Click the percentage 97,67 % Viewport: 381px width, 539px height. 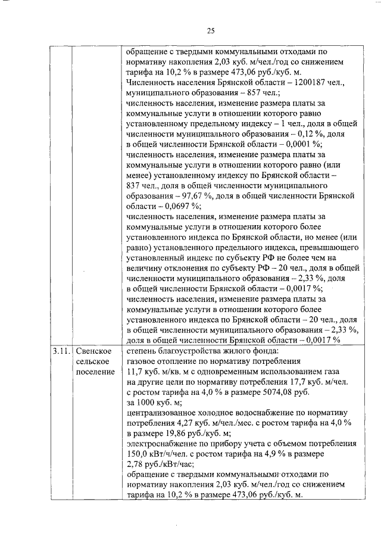point(190,197)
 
